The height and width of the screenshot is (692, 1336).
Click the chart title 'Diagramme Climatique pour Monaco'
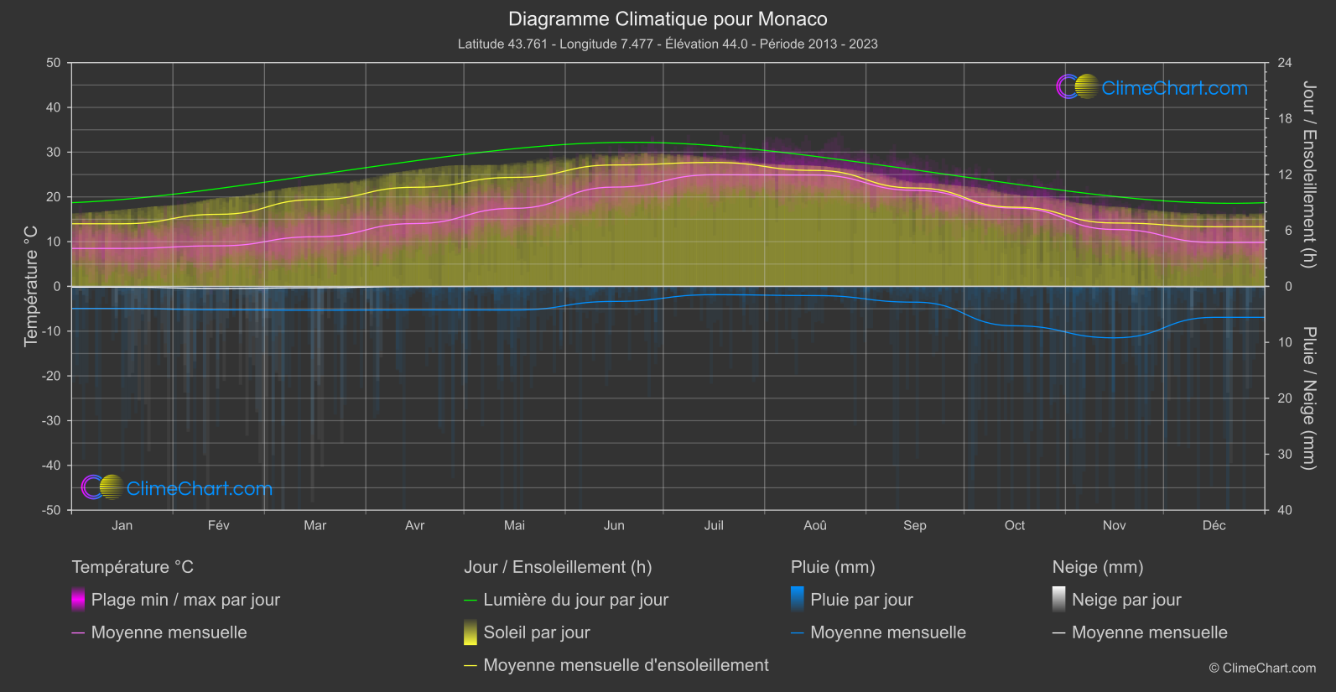(x=668, y=19)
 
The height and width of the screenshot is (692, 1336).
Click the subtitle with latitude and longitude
(x=668, y=44)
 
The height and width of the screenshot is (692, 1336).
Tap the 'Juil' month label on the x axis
(x=713, y=525)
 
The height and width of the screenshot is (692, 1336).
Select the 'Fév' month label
(x=218, y=525)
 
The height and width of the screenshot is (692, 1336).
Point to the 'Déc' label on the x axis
(x=1214, y=525)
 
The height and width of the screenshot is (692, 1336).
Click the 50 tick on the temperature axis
(x=54, y=63)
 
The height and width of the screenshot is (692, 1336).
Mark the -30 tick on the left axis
(x=51, y=420)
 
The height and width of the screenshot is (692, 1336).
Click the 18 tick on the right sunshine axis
(x=1285, y=119)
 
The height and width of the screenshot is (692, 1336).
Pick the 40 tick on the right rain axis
(x=1285, y=510)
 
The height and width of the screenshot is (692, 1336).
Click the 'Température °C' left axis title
(x=31, y=285)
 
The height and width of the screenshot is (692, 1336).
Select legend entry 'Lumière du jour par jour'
(x=575, y=600)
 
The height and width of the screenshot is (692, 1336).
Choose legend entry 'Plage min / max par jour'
(x=185, y=600)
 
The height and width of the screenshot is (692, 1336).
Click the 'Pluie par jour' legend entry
(x=861, y=600)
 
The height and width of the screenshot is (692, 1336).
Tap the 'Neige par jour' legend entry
(x=1126, y=600)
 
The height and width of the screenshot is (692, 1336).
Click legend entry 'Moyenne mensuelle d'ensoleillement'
(x=626, y=665)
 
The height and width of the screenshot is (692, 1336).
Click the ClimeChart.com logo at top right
(x=1153, y=87)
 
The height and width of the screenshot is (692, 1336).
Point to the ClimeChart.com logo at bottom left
(x=178, y=488)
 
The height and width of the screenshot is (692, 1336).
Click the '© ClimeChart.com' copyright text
(x=1262, y=669)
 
